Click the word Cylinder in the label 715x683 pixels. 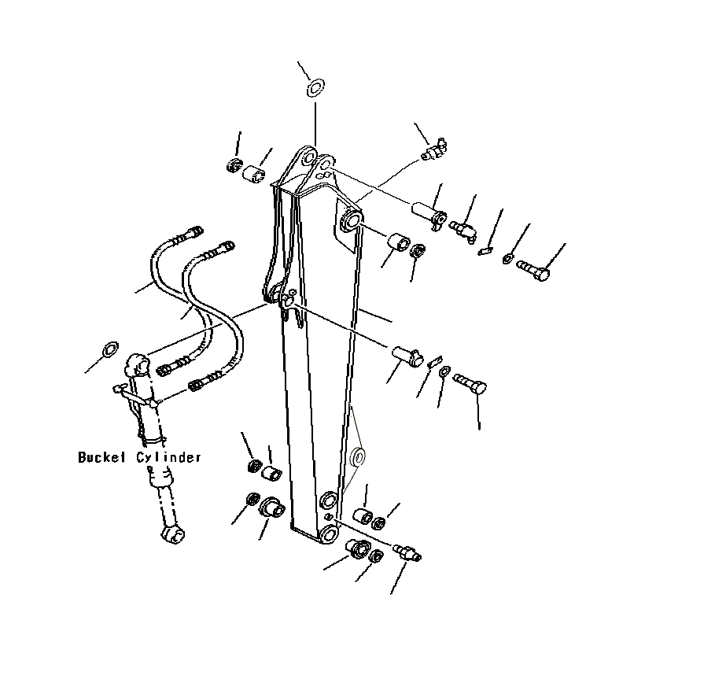(x=171, y=456)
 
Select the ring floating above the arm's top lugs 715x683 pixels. (x=315, y=87)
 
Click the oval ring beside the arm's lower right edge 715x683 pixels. (x=358, y=456)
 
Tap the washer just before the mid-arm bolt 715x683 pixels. (x=444, y=371)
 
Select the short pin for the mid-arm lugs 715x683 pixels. (x=406, y=354)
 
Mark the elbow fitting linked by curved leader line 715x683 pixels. (x=433, y=149)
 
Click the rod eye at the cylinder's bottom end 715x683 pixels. (x=173, y=534)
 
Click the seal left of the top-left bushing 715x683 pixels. (x=232, y=166)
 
